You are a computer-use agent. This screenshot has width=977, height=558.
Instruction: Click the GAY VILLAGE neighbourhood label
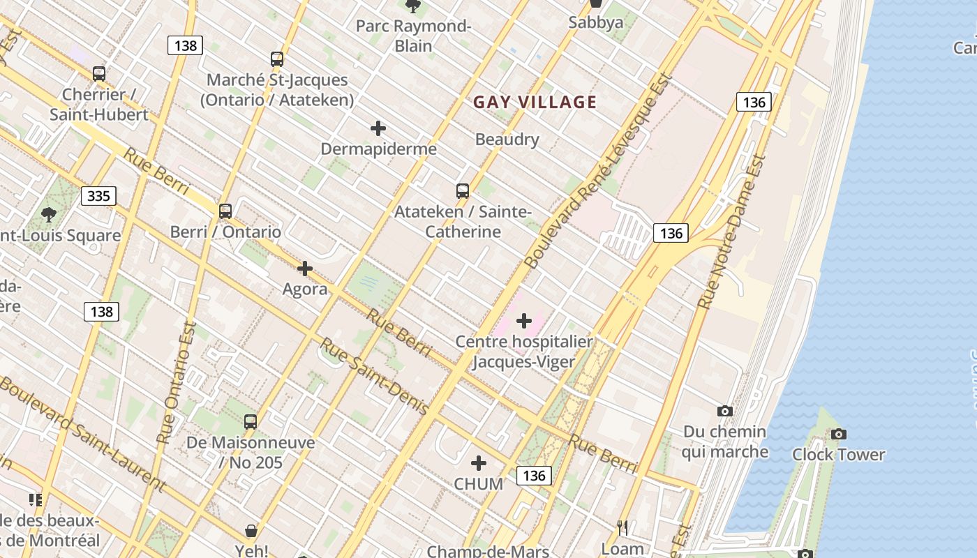[x=535, y=103]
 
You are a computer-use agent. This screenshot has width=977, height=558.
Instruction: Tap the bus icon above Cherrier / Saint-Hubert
[x=99, y=73]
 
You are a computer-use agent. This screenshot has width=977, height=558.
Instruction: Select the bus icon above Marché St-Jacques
[x=277, y=59]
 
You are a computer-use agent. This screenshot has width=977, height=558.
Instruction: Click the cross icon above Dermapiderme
[x=378, y=128]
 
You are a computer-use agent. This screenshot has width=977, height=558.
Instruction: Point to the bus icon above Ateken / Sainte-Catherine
[x=462, y=191]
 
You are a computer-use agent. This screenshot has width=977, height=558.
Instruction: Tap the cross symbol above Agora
[x=305, y=269]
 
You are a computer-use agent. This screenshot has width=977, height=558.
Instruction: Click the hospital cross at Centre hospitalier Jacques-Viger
[x=524, y=321]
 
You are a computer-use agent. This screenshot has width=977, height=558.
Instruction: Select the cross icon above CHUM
[x=479, y=463]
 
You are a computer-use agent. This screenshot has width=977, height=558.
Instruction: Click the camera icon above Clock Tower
[x=839, y=435]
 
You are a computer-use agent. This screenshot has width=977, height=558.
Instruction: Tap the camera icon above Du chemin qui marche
[x=725, y=412]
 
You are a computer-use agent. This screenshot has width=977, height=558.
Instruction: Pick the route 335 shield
[x=98, y=196]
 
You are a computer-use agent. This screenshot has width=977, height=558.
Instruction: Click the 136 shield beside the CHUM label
[x=534, y=476]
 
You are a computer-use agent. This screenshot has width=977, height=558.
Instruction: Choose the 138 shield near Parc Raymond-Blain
[x=185, y=46]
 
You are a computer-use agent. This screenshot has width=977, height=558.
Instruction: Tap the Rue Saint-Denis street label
[x=374, y=377]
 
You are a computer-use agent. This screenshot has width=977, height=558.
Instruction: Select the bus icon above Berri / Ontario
[x=225, y=211]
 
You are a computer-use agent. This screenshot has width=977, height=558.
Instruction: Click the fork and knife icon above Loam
[x=622, y=528]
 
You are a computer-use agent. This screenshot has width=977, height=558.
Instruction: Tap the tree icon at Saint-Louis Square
[x=49, y=214]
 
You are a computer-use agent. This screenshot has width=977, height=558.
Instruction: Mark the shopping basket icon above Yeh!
[x=251, y=531]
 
